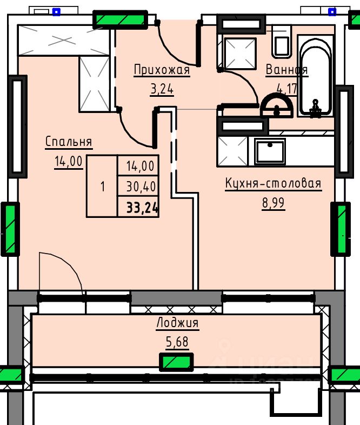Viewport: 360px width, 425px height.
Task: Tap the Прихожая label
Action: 162,70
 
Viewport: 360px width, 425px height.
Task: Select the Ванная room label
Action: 286,70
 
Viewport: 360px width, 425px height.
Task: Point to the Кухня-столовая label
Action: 273,184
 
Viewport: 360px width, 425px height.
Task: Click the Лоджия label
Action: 177,323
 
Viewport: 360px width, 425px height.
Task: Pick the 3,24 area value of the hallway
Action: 162,89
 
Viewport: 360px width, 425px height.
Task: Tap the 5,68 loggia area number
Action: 177,342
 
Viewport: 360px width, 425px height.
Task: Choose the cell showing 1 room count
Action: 102,187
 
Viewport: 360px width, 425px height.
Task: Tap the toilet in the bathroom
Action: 282,42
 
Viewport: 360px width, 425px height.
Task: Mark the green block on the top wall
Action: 120,20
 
